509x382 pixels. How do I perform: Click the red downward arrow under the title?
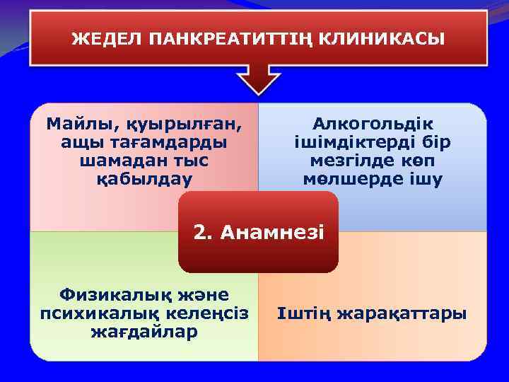258,79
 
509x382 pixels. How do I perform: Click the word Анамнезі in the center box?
272,231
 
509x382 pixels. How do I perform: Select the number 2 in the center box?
203,231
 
